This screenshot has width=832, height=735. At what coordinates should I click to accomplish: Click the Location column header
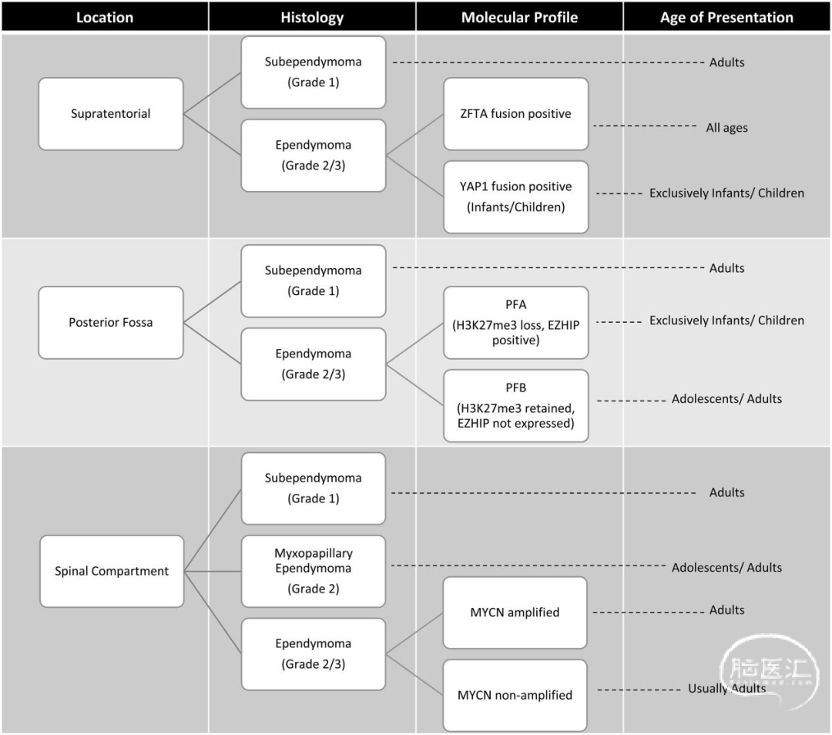click(105, 18)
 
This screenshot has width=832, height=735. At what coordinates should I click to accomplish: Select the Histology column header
click(312, 18)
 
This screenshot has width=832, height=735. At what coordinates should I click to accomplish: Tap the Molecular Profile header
click(519, 18)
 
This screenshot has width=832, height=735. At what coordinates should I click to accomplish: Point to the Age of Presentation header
click(726, 18)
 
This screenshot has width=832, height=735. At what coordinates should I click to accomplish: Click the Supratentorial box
click(111, 113)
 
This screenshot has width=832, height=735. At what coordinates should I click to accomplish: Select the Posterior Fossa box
click(111, 323)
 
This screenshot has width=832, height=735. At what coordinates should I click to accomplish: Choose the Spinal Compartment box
click(112, 571)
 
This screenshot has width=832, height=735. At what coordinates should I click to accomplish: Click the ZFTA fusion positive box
click(515, 113)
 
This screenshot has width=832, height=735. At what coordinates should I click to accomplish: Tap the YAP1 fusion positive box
click(515, 197)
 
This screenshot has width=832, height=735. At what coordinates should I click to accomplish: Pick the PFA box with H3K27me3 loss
click(515, 323)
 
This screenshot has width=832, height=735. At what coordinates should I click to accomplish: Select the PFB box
click(515, 406)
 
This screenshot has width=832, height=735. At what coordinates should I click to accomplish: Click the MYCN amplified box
click(515, 612)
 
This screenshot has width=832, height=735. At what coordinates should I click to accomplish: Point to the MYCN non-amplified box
click(515, 695)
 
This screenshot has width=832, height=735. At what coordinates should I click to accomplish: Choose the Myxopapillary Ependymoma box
click(313, 571)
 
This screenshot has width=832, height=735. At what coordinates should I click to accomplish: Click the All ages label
click(726, 128)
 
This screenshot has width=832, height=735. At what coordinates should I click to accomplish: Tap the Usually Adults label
click(726, 688)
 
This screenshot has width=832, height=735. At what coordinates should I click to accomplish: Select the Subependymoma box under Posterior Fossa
click(313, 280)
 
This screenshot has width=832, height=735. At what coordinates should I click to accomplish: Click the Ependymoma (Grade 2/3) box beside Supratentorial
click(313, 156)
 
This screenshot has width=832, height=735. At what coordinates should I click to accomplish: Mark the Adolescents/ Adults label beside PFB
click(726, 398)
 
